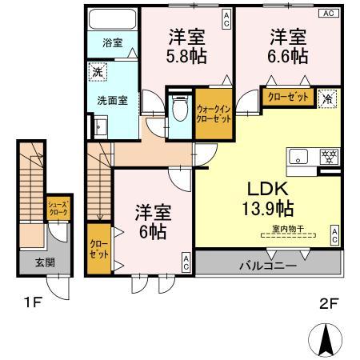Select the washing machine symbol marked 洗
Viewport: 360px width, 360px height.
[96, 70]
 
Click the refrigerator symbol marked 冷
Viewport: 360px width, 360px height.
[328, 100]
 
